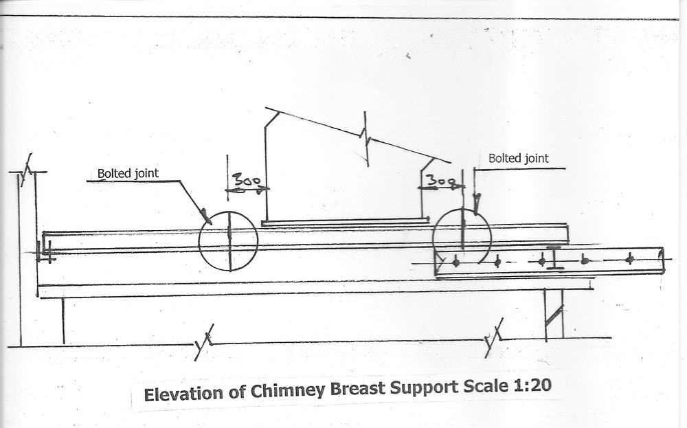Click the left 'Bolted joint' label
click(128, 173)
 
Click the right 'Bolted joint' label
click(519, 158)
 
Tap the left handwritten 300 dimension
click(246, 181)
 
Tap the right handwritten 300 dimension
click(440, 181)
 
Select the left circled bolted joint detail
click(228, 241)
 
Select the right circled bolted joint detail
click(462, 238)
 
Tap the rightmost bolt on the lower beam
click(629, 258)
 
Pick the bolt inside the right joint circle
click(455, 261)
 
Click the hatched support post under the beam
click(554, 313)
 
